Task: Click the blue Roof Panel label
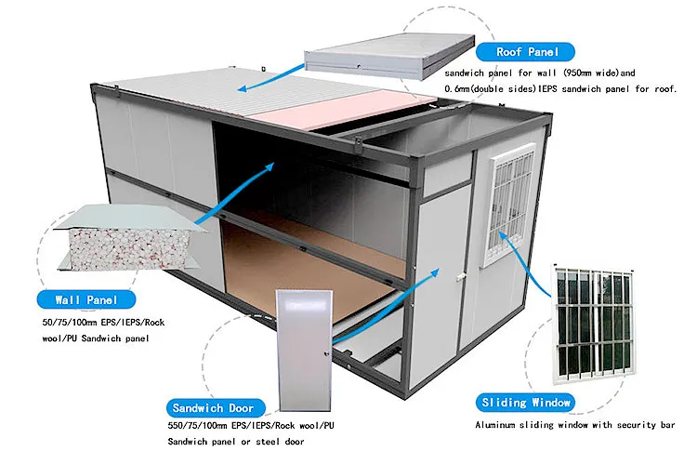tap(533, 52)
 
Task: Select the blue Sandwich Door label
tap(213, 407)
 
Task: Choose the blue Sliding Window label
tap(527, 402)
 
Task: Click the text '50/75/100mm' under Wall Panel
tap(61, 322)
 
